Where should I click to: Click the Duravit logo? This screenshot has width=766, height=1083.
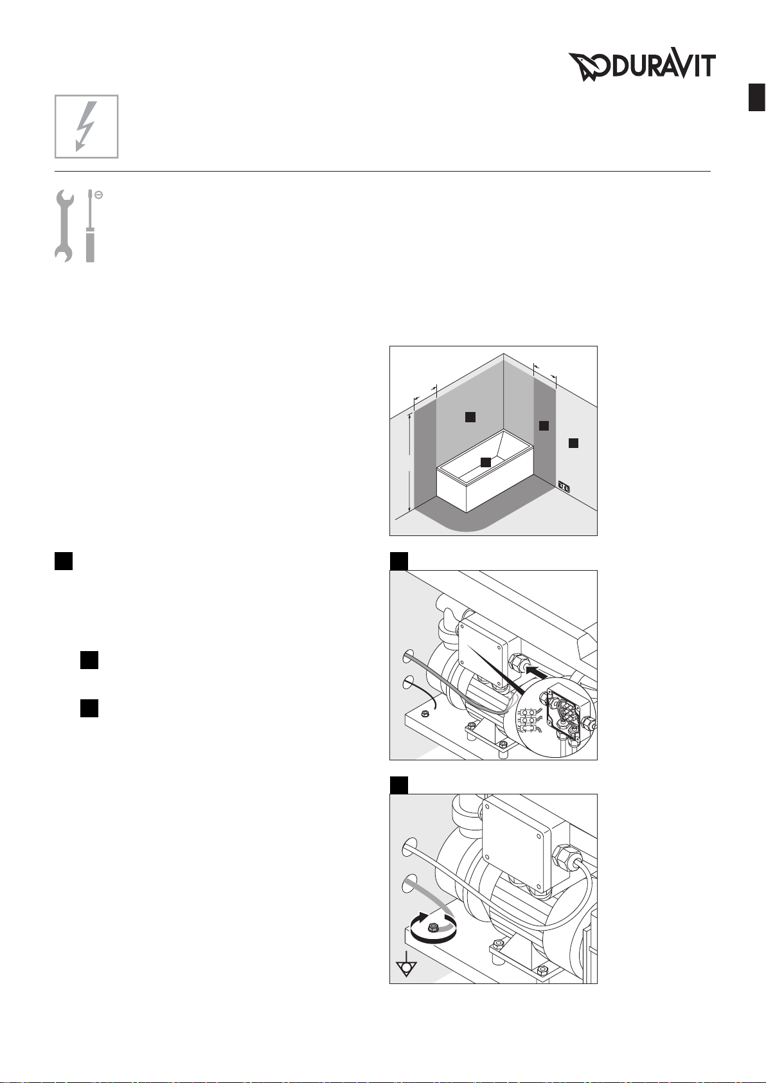[642, 66]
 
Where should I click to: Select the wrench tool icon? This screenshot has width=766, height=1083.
[64, 226]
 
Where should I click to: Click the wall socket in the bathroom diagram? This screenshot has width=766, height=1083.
[564, 486]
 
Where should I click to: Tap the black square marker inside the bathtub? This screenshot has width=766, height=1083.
[486, 462]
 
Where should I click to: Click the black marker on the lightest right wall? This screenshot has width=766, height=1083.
[573, 443]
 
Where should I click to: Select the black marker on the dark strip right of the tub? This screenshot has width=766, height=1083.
[544, 425]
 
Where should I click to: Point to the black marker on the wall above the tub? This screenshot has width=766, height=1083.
[470, 416]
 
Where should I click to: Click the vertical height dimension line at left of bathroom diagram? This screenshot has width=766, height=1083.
[410, 461]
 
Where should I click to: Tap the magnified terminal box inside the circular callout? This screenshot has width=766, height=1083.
[568, 706]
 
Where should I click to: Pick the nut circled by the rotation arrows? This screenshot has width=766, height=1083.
[432, 927]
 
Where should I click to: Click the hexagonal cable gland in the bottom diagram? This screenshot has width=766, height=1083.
[564, 859]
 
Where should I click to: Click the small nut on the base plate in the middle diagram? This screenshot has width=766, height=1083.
[424, 713]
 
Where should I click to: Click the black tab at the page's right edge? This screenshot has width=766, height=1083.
[757, 97]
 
